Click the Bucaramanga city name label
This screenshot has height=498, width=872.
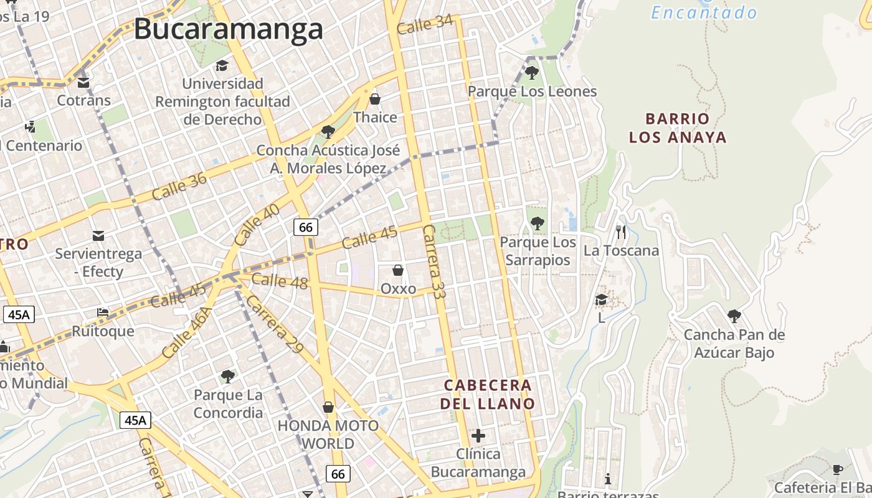click(x=229, y=29)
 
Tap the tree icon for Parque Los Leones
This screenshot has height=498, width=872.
click(x=531, y=73)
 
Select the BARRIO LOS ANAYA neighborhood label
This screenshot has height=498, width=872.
click(x=678, y=128)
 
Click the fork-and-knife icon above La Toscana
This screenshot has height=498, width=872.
click(x=620, y=232)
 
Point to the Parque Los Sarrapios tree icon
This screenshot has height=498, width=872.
click(x=537, y=223)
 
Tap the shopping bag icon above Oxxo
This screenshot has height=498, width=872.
click(x=398, y=270)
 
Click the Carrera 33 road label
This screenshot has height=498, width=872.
click(x=433, y=261)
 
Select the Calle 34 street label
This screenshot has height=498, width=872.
click(x=424, y=25)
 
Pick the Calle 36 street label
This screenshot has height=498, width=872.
click(x=179, y=186)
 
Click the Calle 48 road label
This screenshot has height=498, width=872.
click(x=280, y=281)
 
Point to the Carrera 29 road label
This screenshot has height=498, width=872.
click(x=274, y=324)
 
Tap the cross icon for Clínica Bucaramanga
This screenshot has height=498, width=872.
click(x=478, y=435)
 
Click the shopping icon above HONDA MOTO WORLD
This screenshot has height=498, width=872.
click(x=328, y=407)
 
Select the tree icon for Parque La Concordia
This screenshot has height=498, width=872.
click(x=228, y=376)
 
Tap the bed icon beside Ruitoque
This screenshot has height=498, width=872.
click(x=103, y=312)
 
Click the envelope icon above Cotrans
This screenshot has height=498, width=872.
click(x=83, y=82)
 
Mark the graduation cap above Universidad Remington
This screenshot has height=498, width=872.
click(x=222, y=65)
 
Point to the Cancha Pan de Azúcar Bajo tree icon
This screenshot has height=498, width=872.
click(x=734, y=316)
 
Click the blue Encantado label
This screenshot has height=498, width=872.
click(x=704, y=12)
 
